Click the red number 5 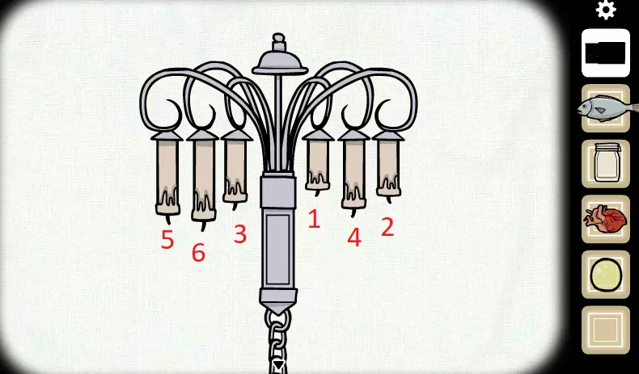coord(167,239)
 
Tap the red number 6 coord(198,253)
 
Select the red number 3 coord(240,234)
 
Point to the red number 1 coord(314,219)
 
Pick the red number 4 coord(354,237)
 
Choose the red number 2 coord(387,227)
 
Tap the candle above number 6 coord(203,179)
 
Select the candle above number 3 coord(235,169)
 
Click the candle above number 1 coord(317,162)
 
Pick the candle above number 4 coord(353,173)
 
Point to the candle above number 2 coord(388,167)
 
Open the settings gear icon coord(606,10)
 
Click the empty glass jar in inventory coord(607,162)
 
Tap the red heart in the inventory coord(606,220)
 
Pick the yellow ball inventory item coord(606,275)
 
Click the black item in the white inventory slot coord(605,53)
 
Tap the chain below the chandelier coord(278,341)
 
